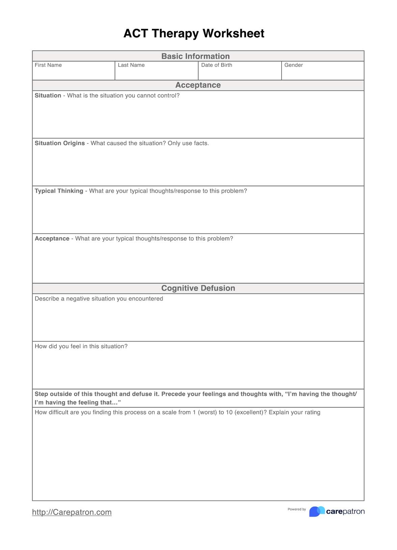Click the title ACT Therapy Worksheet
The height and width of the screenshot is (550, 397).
tap(194, 33)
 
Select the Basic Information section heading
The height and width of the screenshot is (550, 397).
tap(195, 56)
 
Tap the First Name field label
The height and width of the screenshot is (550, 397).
tap(48, 65)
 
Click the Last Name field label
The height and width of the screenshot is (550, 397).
tap(131, 65)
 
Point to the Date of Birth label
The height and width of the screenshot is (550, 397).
tap(216, 65)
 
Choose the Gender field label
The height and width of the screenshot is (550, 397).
tap(293, 65)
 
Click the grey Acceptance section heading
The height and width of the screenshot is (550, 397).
tap(198, 85)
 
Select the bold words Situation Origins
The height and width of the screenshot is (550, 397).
tap(60, 143)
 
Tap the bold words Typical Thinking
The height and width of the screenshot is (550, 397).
tap(59, 191)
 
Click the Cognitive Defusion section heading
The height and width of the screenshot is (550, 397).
tap(198, 288)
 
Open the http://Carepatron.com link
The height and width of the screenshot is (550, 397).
tap(72, 512)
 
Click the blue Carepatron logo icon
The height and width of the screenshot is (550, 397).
tap(316, 512)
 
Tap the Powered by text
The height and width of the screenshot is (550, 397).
tap(296, 510)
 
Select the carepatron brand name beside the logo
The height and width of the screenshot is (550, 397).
tap(345, 512)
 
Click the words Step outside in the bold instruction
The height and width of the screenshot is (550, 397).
tap(50, 394)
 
